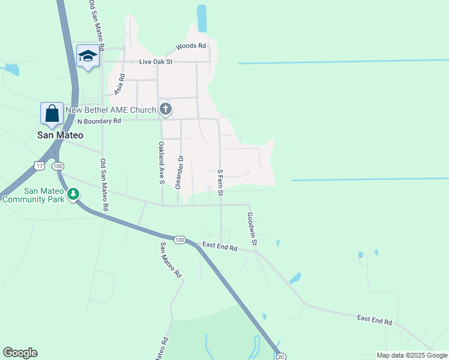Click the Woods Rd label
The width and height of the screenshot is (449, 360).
(x=191, y=46)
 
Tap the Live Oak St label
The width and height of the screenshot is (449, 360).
(x=155, y=61)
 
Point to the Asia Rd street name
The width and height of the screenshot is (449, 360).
(x=119, y=85)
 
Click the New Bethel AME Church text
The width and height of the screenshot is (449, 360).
(x=110, y=110)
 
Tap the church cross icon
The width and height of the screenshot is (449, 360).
(x=166, y=109)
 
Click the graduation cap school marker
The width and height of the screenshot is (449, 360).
(x=88, y=56)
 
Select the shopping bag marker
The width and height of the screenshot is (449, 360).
(x=52, y=113)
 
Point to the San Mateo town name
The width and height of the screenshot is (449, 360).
(x=60, y=135)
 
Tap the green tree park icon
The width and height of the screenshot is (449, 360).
(x=73, y=194)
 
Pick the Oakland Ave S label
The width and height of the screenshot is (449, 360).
(x=161, y=164)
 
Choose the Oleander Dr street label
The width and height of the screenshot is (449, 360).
(x=179, y=172)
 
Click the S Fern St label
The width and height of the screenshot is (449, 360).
(x=220, y=183)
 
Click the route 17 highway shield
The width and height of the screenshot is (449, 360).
(x=40, y=166)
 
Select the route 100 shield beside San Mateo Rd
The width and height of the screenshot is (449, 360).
(x=179, y=239)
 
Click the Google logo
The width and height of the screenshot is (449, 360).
(x=20, y=353)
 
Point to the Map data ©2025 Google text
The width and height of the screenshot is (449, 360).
(x=412, y=355)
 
